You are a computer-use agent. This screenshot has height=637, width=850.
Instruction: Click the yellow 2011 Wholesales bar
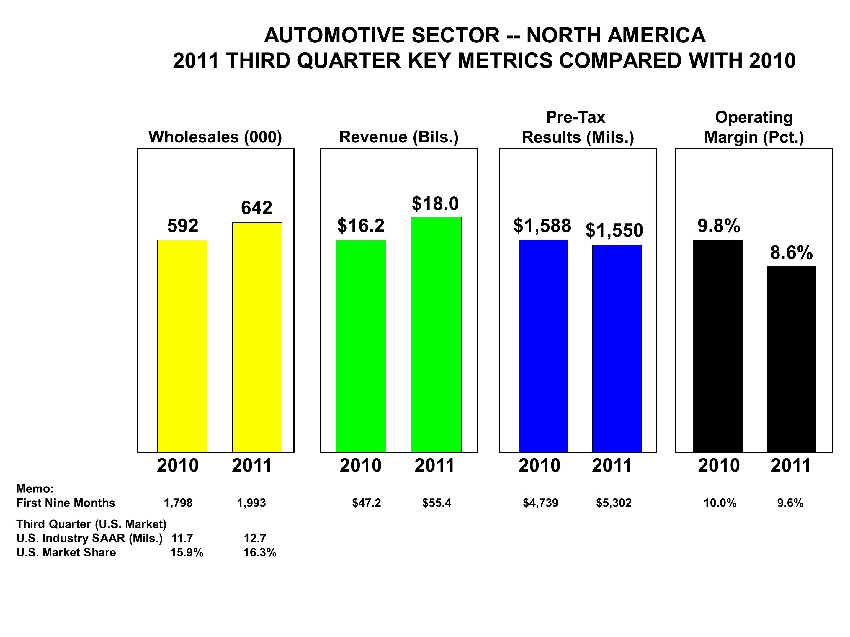pyautogui.click(x=257, y=337)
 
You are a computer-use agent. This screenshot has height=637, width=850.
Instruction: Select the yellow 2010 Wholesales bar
pyautogui.click(x=182, y=346)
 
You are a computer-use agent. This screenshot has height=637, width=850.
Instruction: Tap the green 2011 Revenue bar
pyautogui.click(x=436, y=334)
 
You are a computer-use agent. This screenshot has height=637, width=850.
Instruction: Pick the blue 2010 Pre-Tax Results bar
pyautogui.click(x=543, y=346)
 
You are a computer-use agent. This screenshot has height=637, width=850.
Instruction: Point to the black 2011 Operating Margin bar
pyautogui.click(x=791, y=359)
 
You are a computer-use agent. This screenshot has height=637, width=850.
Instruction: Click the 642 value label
pyautogui.click(x=257, y=208)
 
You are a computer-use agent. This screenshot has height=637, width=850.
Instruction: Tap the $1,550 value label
pyautogui.click(x=614, y=230)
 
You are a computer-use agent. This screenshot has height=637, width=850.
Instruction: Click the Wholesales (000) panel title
pyautogui.click(x=215, y=137)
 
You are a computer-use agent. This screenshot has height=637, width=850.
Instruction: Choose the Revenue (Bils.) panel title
pyautogui.click(x=399, y=137)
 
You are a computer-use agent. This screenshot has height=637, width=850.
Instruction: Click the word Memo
pyautogui.click(x=35, y=489)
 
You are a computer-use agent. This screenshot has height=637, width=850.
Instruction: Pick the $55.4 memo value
pyautogui.click(x=437, y=503)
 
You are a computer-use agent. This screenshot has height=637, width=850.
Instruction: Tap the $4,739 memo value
pyautogui.click(x=540, y=503)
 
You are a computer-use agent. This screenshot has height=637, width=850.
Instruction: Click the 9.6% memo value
pyautogui.click(x=790, y=503)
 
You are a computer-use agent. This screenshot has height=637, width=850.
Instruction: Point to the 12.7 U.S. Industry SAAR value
pyautogui.click(x=255, y=538)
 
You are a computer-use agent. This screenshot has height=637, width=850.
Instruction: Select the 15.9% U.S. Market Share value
pyautogui.click(x=187, y=553)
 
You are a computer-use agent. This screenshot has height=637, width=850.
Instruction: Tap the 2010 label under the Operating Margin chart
pyautogui.click(x=719, y=466)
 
